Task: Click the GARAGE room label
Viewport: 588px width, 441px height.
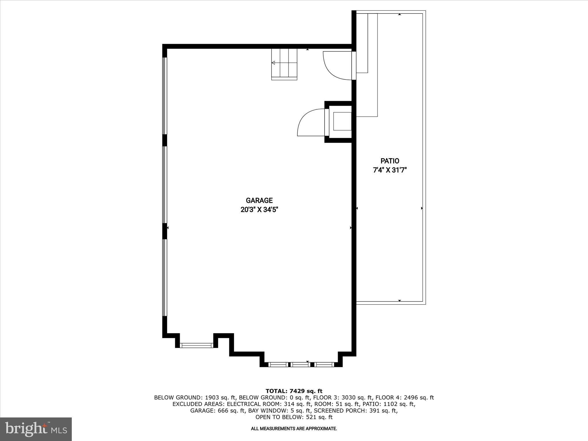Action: [x=259, y=200]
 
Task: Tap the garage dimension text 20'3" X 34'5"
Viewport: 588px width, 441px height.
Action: [x=259, y=210]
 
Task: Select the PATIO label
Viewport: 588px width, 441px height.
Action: [x=390, y=161]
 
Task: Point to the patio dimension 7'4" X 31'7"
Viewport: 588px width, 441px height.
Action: [x=390, y=170]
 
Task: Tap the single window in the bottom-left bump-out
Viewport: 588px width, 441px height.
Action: [x=197, y=345]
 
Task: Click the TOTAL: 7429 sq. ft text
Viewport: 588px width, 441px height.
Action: [x=294, y=391]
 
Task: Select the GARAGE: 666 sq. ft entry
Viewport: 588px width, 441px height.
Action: [x=217, y=411]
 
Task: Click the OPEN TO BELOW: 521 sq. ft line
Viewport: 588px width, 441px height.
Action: [x=294, y=417]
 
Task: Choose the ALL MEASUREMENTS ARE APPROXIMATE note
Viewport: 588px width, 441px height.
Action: [x=294, y=429]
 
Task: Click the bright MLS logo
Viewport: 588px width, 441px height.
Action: [x=36, y=429]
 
